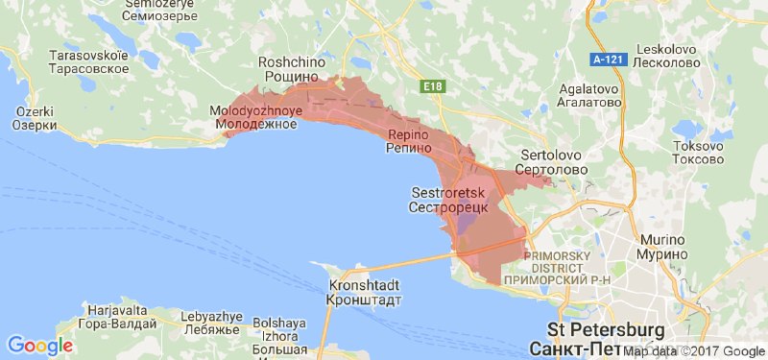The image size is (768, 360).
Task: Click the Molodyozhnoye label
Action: pos(256,117)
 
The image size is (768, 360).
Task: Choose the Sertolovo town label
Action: pos(552,160)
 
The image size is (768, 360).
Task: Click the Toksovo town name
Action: pos(698,152)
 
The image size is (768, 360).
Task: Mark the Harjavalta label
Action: pos(116,318)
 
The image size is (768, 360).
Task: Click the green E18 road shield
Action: pos(433,87)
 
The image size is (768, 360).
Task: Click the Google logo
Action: pos(40,345)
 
